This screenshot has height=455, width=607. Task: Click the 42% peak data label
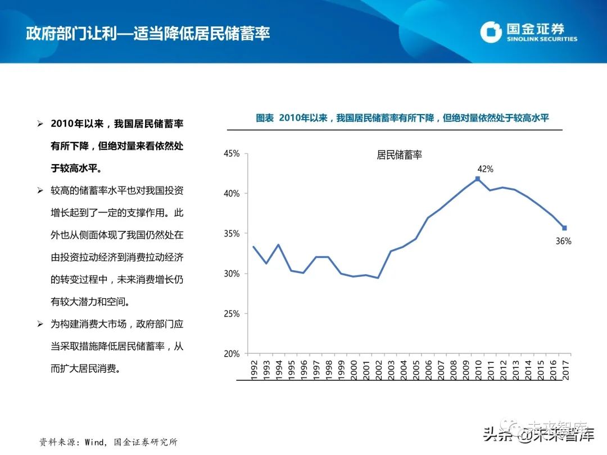(485, 169)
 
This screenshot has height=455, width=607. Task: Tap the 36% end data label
(564, 242)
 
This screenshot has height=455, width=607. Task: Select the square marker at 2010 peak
(477, 179)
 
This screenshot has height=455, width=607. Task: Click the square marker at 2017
(564, 228)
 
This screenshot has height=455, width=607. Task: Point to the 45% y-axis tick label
(232, 153)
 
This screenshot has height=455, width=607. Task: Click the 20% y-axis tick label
(232, 354)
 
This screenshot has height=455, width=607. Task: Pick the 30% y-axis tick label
(232, 274)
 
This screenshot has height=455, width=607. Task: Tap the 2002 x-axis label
(378, 370)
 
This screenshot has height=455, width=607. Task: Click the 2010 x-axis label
(478, 370)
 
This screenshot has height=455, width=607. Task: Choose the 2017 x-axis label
(565, 370)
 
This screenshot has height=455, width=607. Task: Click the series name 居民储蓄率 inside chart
(399, 156)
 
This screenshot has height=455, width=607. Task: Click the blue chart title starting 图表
(402, 118)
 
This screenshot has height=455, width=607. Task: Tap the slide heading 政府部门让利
(148, 33)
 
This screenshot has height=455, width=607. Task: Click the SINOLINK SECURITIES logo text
(542, 39)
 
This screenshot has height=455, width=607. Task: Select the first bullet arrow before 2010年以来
(40, 124)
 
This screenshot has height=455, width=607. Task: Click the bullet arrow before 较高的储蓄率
(40, 191)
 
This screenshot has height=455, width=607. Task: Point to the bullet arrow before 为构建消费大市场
(40, 325)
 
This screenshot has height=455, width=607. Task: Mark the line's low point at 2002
(378, 277)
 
